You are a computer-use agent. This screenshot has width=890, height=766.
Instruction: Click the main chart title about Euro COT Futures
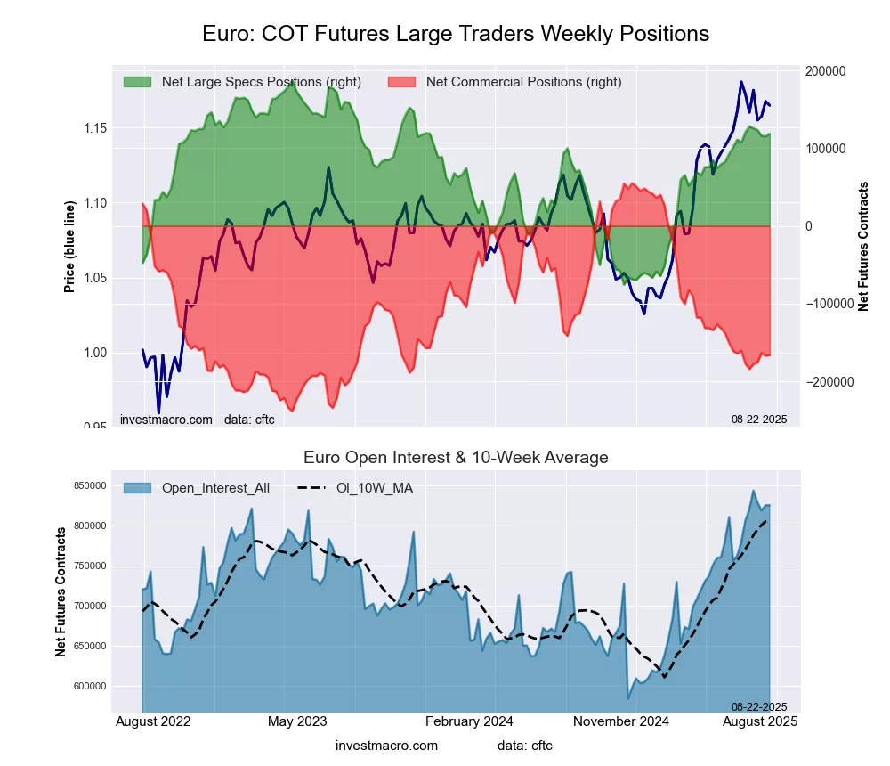456,34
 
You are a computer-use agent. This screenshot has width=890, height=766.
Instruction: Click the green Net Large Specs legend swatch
137,82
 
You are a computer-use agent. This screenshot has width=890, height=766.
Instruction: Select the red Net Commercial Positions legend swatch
401,82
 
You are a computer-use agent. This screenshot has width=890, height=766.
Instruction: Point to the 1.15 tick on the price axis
95,128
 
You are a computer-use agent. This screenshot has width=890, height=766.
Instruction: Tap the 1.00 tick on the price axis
95,353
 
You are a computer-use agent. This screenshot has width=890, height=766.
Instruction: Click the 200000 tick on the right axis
826,71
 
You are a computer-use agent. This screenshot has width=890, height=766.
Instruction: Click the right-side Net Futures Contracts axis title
862,246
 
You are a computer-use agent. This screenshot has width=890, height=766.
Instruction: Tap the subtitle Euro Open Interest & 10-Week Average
456,458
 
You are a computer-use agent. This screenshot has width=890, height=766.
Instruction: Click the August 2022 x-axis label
153,721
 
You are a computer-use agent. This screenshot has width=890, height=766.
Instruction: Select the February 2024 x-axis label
471,721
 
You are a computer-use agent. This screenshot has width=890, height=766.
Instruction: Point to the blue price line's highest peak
740,82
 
